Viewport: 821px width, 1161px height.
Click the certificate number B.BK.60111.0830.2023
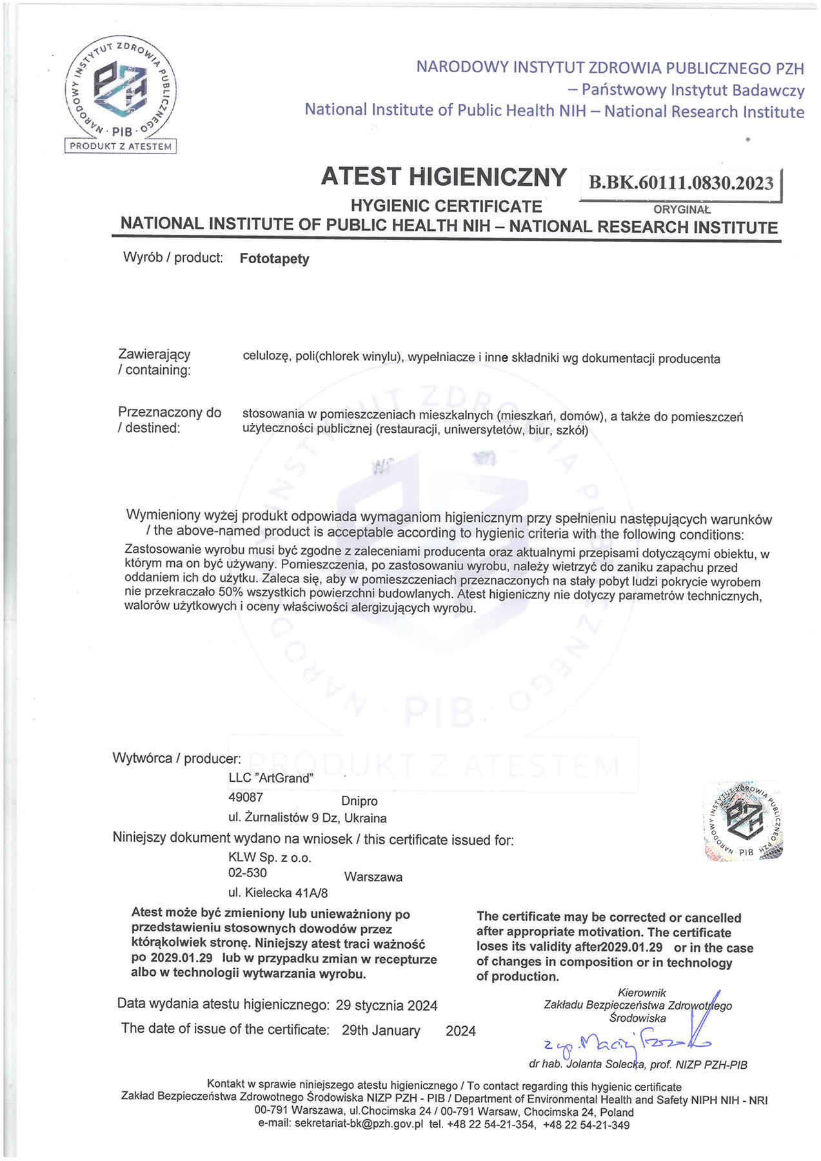click(x=680, y=183)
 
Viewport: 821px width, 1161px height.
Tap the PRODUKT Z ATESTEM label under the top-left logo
click(x=121, y=146)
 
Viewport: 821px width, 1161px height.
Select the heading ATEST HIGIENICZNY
click(x=444, y=177)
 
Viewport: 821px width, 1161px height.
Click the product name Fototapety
click(x=274, y=259)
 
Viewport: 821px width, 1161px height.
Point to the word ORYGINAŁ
click(x=681, y=210)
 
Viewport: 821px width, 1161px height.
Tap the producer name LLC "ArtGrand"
click(x=271, y=778)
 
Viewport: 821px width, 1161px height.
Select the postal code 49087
click(x=246, y=797)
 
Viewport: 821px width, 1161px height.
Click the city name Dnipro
click(x=359, y=801)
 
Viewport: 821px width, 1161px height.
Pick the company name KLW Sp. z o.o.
click(x=270, y=858)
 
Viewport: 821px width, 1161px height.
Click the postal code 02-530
click(x=248, y=873)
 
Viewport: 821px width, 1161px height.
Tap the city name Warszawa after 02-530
click(x=373, y=877)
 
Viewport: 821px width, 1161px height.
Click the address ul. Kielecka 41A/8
click(x=278, y=893)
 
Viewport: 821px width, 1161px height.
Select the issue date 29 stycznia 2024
click(x=387, y=1006)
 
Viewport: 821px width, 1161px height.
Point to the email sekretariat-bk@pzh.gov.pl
click(x=359, y=1124)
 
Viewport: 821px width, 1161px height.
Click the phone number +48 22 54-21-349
click(x=586, y=1125)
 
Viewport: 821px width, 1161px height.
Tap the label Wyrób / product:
click(x=173, y=258)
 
